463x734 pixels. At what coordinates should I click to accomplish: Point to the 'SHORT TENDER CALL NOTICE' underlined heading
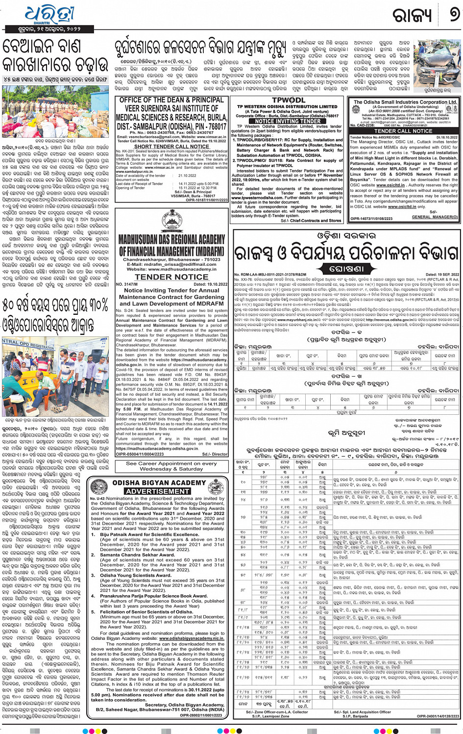171,146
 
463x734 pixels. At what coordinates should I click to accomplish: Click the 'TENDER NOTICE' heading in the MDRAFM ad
171,277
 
